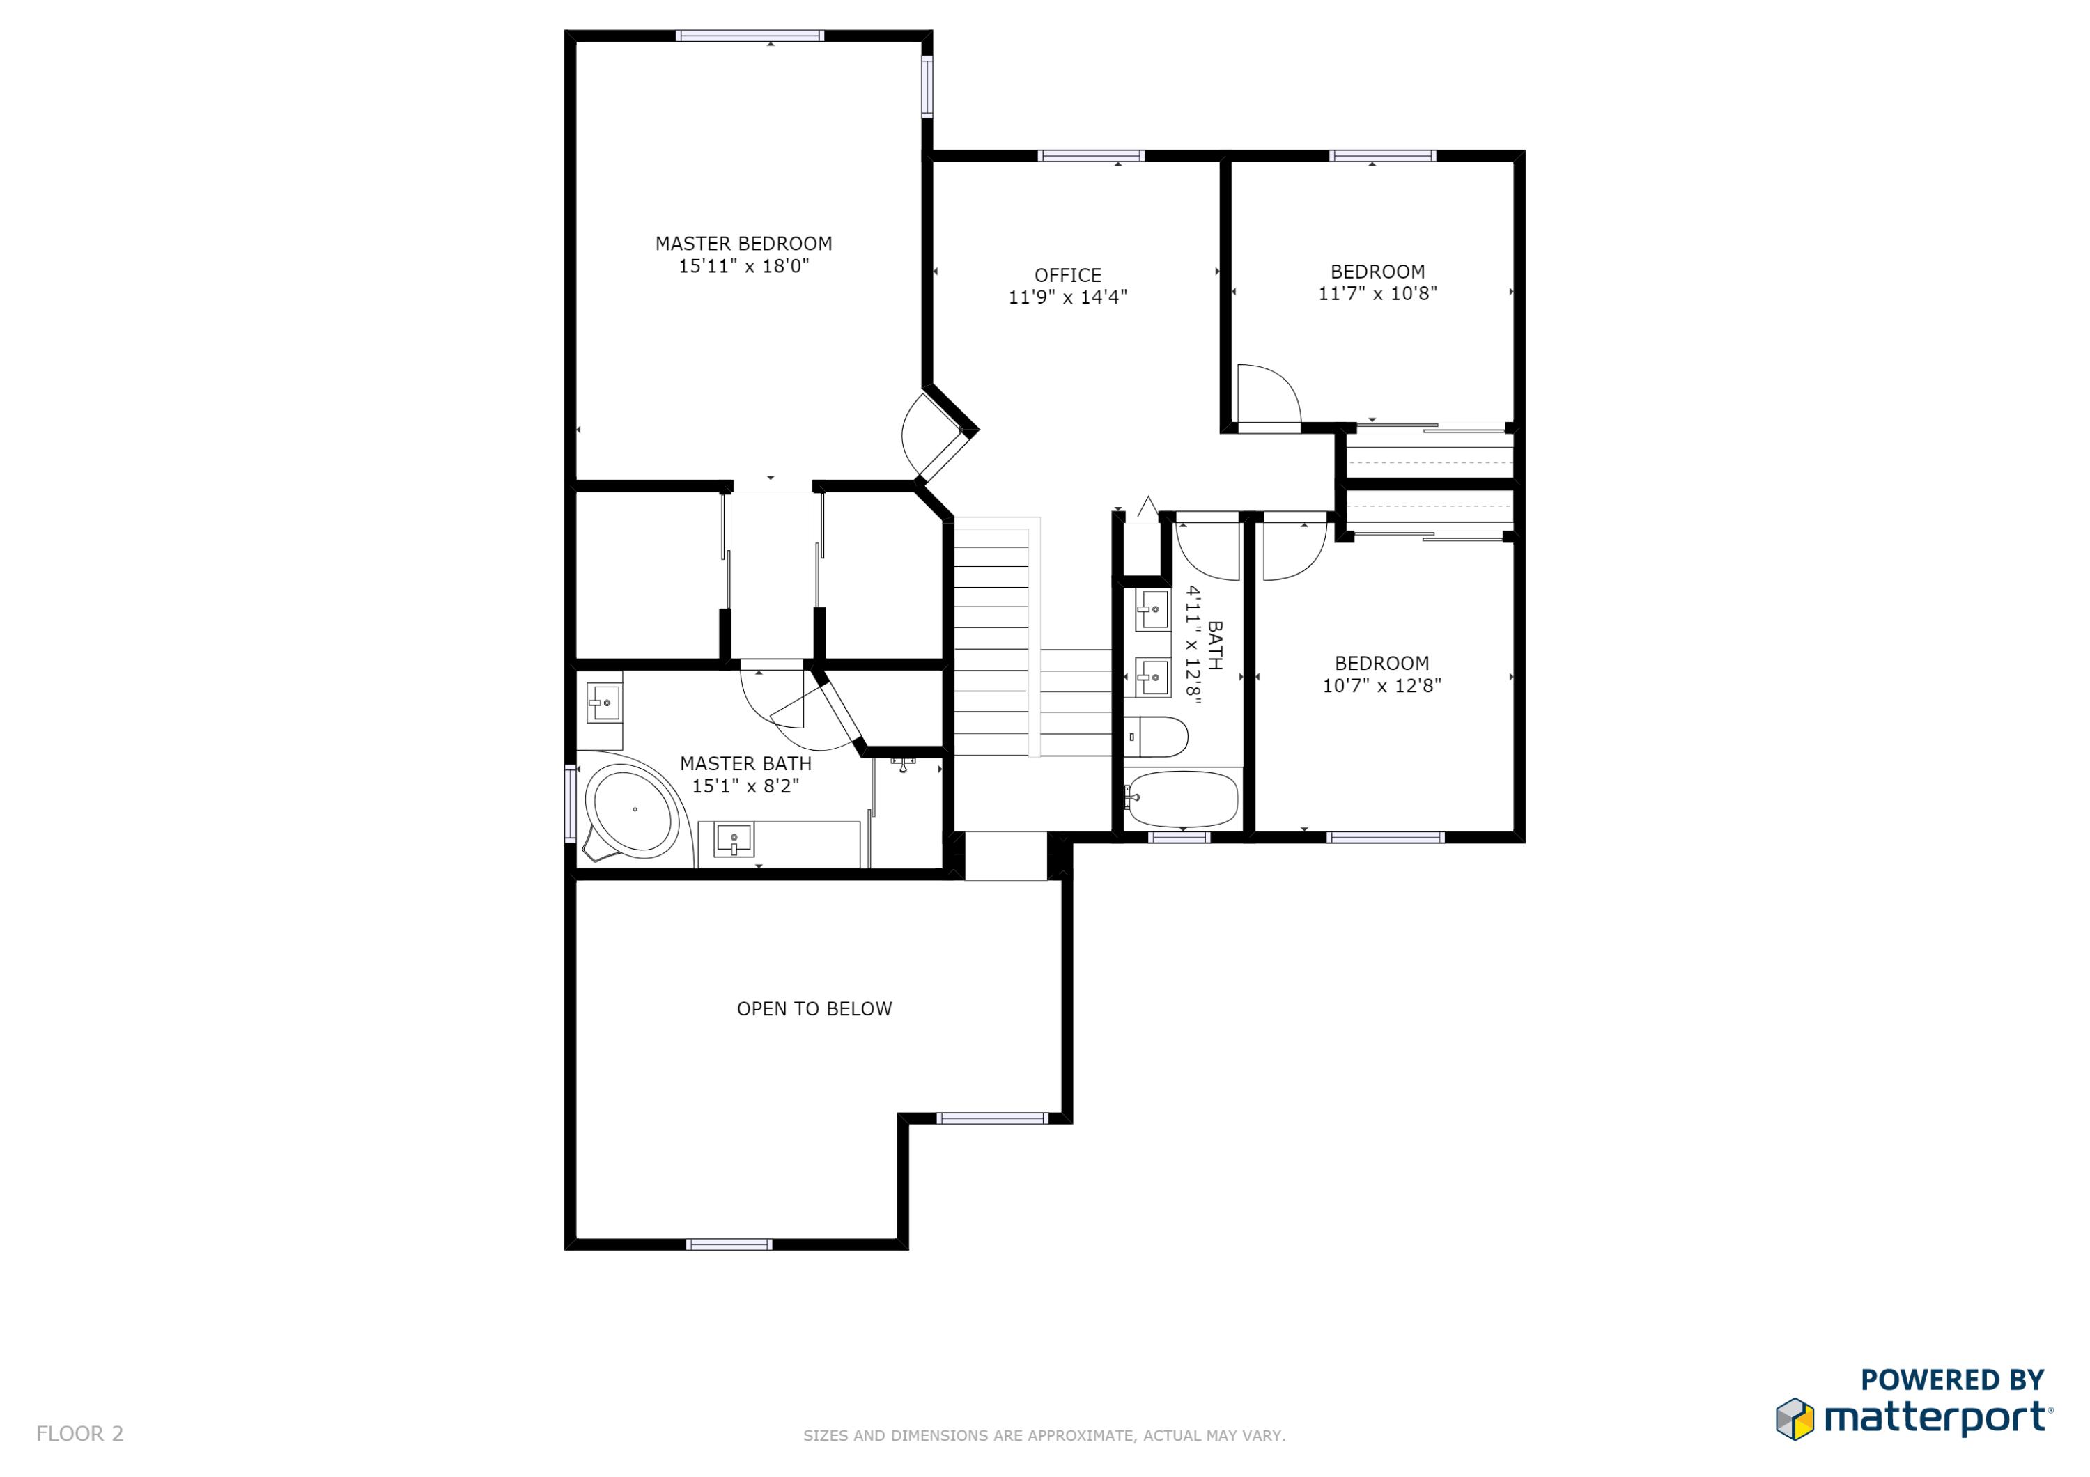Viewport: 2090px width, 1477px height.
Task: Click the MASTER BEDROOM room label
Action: tap(744, 244)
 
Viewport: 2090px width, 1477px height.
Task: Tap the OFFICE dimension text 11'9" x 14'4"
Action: tap(1068, 297)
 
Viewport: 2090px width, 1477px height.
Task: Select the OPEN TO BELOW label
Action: tap(814, 1008)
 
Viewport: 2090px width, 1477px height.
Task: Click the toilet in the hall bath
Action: tap(1156, 737)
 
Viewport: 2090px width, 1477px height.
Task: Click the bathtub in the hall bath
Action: tap(1182, 799)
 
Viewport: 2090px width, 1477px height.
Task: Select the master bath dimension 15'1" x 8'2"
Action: tap(745, 786)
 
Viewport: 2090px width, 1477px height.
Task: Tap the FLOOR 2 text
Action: tap(80, 1433)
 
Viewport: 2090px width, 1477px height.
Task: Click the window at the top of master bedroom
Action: tap(750, 36)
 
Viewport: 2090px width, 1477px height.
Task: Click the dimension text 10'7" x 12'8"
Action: tap(1381, 686)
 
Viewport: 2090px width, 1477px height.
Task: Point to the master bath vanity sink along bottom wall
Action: tap(734, 840)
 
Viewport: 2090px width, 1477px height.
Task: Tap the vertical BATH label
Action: tap(1214, 646)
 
